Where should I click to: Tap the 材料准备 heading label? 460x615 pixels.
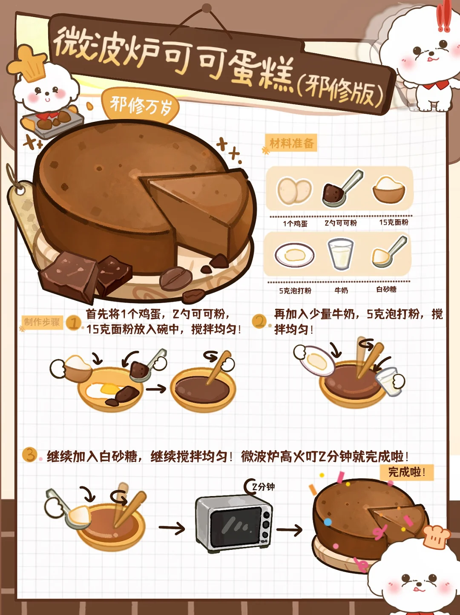point(291,143)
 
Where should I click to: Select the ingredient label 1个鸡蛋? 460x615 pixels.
point(295,223)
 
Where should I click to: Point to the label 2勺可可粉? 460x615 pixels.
point(341,223)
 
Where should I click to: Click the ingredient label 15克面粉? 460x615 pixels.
point(394,222)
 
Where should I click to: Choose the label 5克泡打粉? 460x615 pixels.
point(295,291)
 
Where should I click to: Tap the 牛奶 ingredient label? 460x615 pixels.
point(341,290)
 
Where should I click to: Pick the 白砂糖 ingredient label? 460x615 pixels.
point(387,289)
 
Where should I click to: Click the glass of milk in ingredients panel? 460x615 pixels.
point(340,254)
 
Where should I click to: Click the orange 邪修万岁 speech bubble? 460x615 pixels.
point(140,106)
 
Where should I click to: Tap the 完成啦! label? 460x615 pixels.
point(406,472)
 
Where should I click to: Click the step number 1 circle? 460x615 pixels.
point(74,323)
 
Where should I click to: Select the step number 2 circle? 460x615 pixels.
point(259,321)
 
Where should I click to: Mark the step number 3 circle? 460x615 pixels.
point(30,454)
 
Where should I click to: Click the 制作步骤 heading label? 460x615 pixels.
point(42,322)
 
